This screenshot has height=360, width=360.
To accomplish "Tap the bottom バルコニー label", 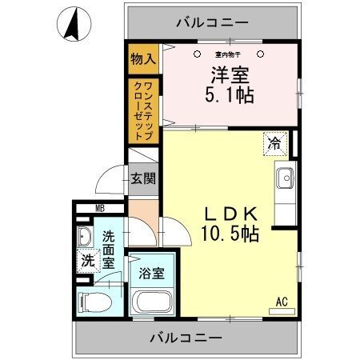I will click(x=186, y=338).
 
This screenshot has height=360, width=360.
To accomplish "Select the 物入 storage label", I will click(x=145, y=59).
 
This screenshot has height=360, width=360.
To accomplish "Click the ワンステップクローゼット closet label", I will click(x=144, y=109).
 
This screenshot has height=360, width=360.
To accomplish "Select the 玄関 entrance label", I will click(x=143, y=178).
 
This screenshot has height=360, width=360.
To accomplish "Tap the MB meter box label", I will click(x=100, y=210).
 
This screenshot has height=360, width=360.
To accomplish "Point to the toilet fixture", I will click(x=93, y=302).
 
